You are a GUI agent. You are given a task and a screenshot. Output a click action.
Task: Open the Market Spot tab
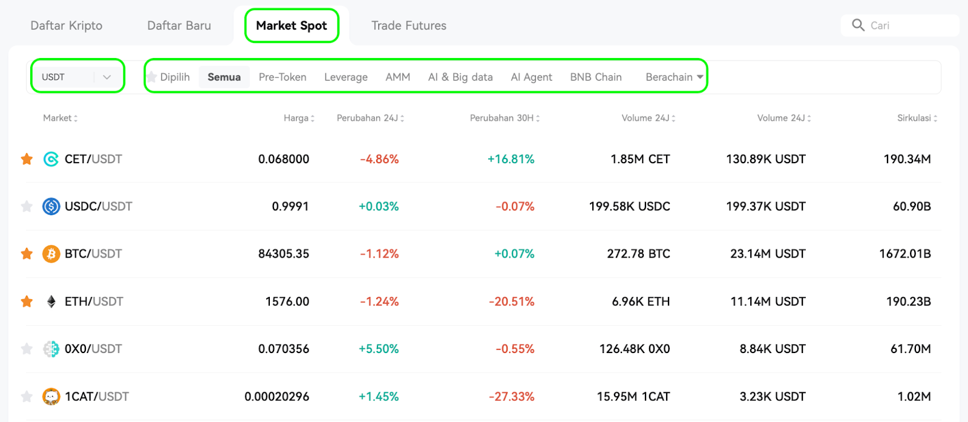(x=291, y=25)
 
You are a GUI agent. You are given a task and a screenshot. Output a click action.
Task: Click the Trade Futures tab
(x=409, y=25)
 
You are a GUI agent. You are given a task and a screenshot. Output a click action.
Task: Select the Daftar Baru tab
(x=179, y=25)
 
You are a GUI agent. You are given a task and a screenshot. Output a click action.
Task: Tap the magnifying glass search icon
(x=858, y=25)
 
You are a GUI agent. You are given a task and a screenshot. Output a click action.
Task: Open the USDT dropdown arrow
(x=106, y=77)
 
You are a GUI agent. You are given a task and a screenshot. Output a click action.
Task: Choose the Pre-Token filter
(x=282, y=77)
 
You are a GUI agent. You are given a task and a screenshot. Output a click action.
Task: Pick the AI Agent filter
(x=531, y=77)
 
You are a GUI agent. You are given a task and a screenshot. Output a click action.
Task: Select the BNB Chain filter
(x=595, y=77)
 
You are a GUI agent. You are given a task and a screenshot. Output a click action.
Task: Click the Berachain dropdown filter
(x=674, y=77)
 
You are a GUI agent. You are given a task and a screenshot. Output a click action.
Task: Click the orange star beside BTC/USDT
(x=27, y=253)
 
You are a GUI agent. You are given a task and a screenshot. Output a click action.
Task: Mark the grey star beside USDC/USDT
(x=27, y=206)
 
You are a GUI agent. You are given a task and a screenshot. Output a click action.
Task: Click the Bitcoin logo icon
(x=51, y=254)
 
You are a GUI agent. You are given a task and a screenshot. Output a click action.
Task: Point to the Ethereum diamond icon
(x=51, y=302)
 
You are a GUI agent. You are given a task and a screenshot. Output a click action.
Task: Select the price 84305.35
(x=284, y=253)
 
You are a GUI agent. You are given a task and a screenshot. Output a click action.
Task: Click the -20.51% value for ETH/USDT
(x=511, y=302)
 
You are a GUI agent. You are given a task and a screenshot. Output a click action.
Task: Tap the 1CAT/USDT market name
(x=97, y=397)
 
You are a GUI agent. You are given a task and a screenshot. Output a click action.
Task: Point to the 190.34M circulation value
(x=907, y=160)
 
